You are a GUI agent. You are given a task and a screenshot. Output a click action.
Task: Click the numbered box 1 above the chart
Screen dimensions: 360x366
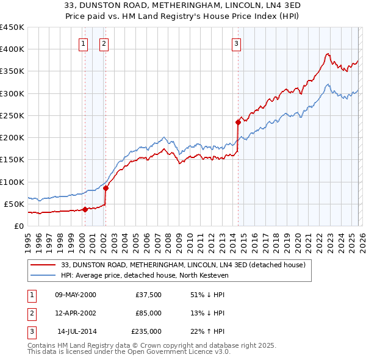coord(83,43)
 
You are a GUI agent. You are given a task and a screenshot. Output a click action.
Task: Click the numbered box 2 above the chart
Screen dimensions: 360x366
coord(104,43)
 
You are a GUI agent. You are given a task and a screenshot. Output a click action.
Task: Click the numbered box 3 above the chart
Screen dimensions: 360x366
coord(236,43)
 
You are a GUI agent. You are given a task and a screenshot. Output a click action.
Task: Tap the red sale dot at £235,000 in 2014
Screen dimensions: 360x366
coord(238,122)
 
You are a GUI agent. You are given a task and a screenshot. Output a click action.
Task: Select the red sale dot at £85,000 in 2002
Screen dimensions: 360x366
coord(106,188)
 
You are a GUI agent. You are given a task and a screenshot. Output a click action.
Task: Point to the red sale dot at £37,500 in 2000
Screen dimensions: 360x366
coord(85,209)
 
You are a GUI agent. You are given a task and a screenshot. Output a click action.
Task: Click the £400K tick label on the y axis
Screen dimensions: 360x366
coord(12,49)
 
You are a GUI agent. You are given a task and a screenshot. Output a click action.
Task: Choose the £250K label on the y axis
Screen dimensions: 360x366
coord(12,115)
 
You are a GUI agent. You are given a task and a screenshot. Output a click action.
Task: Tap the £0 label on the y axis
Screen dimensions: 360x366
coord(18,226)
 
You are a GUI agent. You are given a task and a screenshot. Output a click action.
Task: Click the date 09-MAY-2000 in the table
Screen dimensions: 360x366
coord(76,294)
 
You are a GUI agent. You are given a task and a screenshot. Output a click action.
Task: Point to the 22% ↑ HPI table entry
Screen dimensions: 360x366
coord(207,331)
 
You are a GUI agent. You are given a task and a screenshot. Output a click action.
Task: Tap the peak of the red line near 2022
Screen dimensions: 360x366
coord(328,54)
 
